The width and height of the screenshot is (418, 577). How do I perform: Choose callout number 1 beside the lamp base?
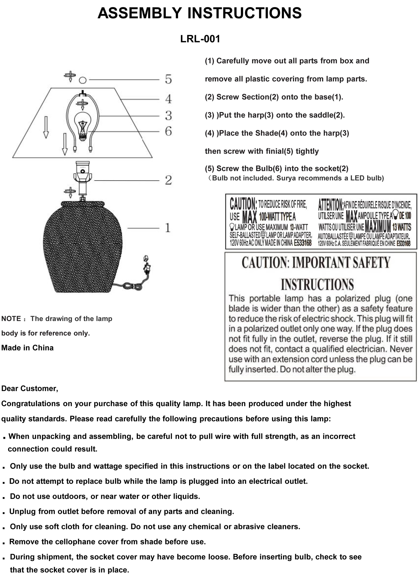point(168,228)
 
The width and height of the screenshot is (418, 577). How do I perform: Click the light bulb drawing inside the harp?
point(82,125)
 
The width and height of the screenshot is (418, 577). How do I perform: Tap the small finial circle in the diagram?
point(82,80)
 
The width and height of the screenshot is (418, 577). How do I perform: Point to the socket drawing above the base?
point(82,173)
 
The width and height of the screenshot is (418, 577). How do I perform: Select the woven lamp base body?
point(83,247)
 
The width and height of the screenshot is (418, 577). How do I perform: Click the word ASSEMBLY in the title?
point(140,13)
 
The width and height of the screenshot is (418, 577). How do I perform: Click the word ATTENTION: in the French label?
point(330,204)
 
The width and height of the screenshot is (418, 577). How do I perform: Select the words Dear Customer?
point(30,389)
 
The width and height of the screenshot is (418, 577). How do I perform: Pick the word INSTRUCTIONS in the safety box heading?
point(317,285)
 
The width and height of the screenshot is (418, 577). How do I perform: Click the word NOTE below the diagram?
point(11,319)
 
